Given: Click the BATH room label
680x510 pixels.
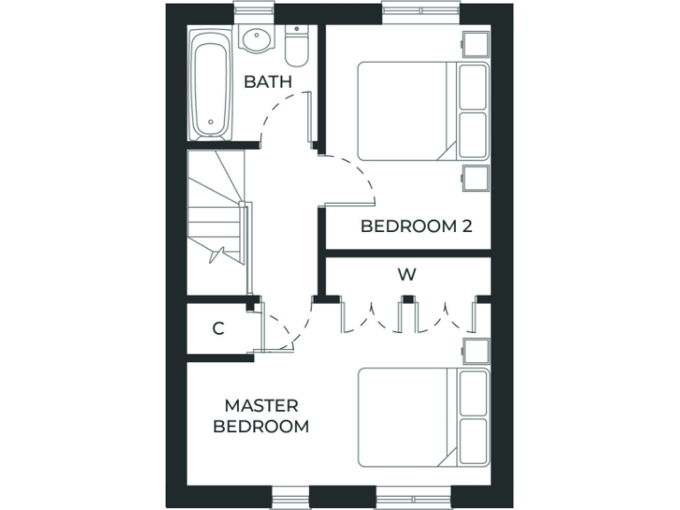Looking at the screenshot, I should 267,81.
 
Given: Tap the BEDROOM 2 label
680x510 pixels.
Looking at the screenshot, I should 415,226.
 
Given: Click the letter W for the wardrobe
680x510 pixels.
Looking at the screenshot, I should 406,274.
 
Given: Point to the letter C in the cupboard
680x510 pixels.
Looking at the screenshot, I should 218,328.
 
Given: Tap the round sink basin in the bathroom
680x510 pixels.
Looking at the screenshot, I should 258,41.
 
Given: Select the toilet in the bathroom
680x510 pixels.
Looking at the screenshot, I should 296,45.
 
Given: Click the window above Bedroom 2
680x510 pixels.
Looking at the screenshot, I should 421,12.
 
